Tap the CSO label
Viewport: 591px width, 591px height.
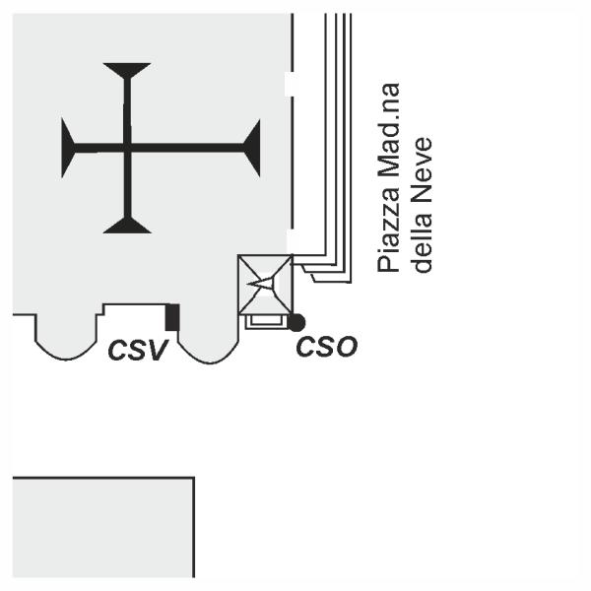(326, 346)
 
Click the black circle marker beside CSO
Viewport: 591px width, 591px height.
(295, 322)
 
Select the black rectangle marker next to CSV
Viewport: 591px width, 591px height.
(172, 317)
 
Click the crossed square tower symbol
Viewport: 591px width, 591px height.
(265, 284)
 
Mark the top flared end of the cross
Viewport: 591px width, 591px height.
(127, 69)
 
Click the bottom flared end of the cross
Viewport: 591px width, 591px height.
(127, 226)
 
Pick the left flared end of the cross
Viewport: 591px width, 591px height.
(68, 148)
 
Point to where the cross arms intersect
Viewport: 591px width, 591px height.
(127, 148)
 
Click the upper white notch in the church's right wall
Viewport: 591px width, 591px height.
(289, 84)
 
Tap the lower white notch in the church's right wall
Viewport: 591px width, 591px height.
(289, 240)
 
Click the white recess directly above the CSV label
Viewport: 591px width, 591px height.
(135, 317)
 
